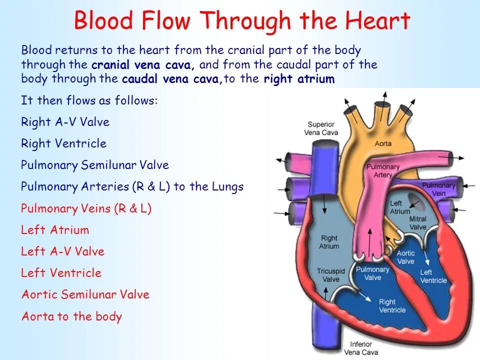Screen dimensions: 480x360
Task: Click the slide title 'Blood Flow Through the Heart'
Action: (x=242, y=21)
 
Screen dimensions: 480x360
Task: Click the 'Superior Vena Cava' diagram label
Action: (x=321, y=128)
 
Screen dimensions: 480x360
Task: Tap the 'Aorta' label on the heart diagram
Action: (x=383, y=144)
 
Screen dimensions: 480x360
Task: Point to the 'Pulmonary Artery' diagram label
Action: (x=383, y=171)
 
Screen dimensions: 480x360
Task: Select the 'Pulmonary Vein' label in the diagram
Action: (x=438, y=189)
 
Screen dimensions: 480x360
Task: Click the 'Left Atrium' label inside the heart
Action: (x=399, y=207)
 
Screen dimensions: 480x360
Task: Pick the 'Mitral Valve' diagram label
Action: (x=418, y=223)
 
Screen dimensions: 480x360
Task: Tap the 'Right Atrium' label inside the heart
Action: (x=329, y=242)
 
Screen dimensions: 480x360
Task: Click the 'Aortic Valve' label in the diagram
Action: (x=405, y=257)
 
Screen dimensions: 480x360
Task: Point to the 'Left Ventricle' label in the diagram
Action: (x=433, y=276)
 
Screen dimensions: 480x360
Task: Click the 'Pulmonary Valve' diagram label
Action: (x=372, y=273)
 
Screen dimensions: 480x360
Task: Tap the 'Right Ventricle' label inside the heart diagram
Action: (x=392, y=305)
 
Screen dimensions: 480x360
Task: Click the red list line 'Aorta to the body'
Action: (x=71, y=316)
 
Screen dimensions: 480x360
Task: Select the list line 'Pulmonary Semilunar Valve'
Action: (x=95, y=165)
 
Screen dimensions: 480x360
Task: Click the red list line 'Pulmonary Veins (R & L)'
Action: (x=86, y=208)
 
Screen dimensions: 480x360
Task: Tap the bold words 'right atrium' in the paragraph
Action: (x=299, y=79)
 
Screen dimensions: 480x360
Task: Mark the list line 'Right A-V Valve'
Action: (x=65, y=122)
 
